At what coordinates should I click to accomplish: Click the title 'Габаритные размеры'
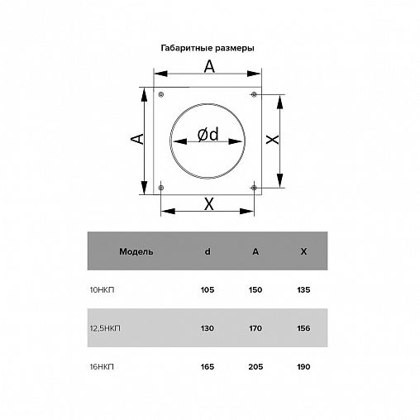pos(208,48)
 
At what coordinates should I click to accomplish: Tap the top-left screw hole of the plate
pos(161,94)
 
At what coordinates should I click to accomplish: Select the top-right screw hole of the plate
pos(254,94)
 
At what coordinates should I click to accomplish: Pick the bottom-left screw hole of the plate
pos(161,188)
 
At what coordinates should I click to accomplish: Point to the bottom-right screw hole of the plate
pos(254,188)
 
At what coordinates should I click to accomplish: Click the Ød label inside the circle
pos(208,134)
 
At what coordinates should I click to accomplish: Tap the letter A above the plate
pos(209,66)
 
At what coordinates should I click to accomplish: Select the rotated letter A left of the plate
pos(137,139)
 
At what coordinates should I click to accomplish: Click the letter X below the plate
pos(209,204)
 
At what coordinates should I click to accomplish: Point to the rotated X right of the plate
pos(273,140)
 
